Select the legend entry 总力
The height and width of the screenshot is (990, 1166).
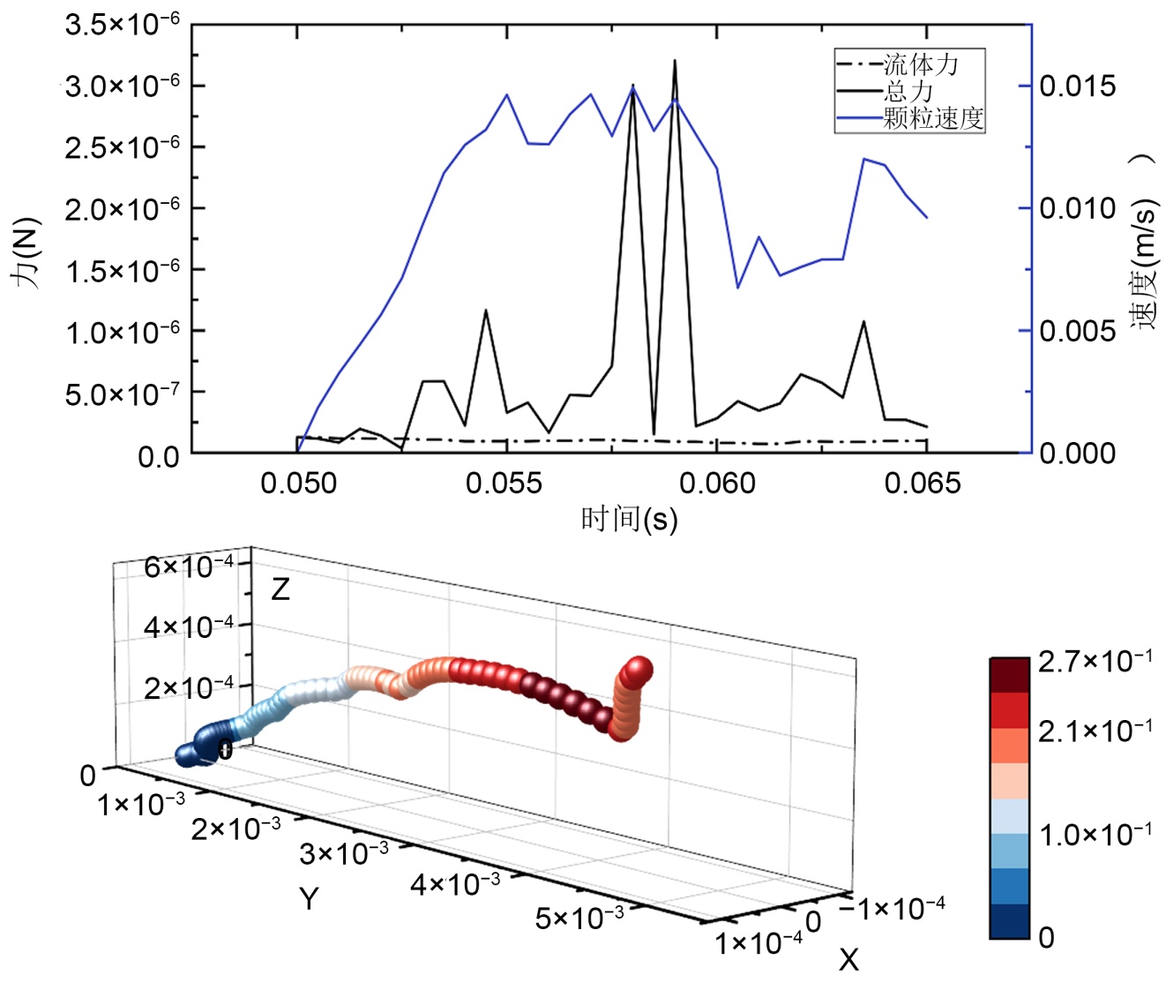pyautogui.click(x=908, y=91)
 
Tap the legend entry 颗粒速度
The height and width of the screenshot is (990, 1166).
pyautogui.click(x=933, y=118)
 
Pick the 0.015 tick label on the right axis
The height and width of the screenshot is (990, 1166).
pyautogui.click(x=1077, y=86)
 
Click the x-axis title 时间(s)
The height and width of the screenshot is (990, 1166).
pyautogui.click(x=629, y=519)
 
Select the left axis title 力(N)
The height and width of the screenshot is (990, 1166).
pyautogui.click(x=27, y=251)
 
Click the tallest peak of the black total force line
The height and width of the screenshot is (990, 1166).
pyautogui.click(x=675, y=61)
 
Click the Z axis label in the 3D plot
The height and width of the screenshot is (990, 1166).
pyautogui.click(x=280, y=589)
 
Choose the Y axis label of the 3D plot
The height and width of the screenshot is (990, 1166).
pyautogui.click(x=308, y=898)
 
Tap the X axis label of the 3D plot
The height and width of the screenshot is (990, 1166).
pyautogui.click(x=848, y=959)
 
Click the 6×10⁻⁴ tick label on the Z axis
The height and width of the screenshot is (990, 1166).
pyautogui.click(x=189, y=566)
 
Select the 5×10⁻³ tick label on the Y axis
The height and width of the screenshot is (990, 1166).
pyautogui.click(x=579, y=918)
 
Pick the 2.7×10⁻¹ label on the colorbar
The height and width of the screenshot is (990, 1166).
pyautogui.click(x=1095, y=662)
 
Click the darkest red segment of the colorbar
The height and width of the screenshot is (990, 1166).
pyautogui.click(x=1009, y=675)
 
